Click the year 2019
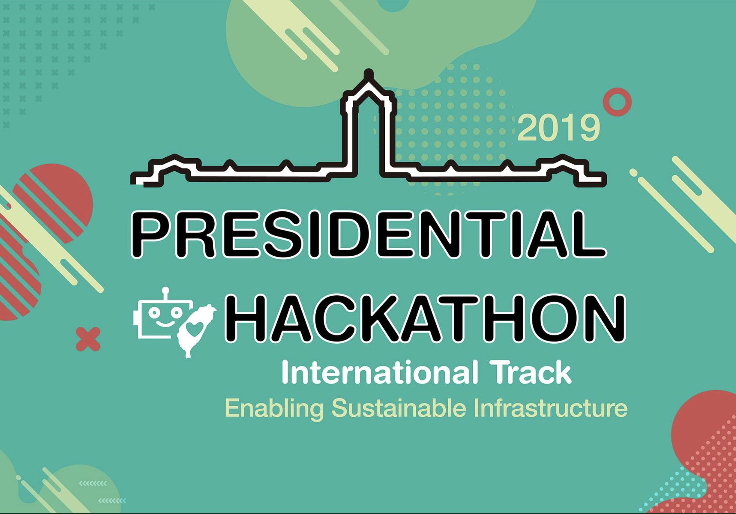click(x=559, y=128)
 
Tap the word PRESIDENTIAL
click(x=368, y=235)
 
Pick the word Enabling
click(x=274, y=408)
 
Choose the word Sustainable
click(x=399, y=407)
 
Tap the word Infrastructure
click(x=551, y=407)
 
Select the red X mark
click(x=88, y=339)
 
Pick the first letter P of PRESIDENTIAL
click(x=153, y=235)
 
